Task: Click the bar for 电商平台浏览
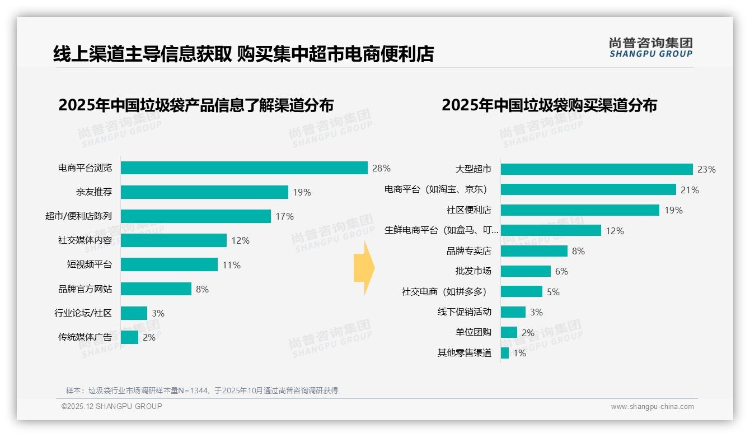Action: [244, 168]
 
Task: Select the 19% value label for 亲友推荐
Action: [302, 193]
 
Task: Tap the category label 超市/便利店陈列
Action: [78, 216]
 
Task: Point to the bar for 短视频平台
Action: [169, 264]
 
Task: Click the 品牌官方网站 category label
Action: [85, 289]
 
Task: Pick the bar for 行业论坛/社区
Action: [134, 313]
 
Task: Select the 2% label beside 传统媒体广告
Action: [149, 338]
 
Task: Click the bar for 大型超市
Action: [597, 169]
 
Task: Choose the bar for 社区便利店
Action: [580, 210]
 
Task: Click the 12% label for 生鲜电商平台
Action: [615, 231]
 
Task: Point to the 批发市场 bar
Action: [526, 271]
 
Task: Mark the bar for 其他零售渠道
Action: [505, 353]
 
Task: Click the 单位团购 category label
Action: [474, 332]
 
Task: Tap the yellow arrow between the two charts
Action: [363, 268]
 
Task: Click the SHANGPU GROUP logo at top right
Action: [651, 48]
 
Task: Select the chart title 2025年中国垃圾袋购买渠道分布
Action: [549, 105]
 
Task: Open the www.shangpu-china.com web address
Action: [652, 407]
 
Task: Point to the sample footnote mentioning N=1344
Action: [202, 390]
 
